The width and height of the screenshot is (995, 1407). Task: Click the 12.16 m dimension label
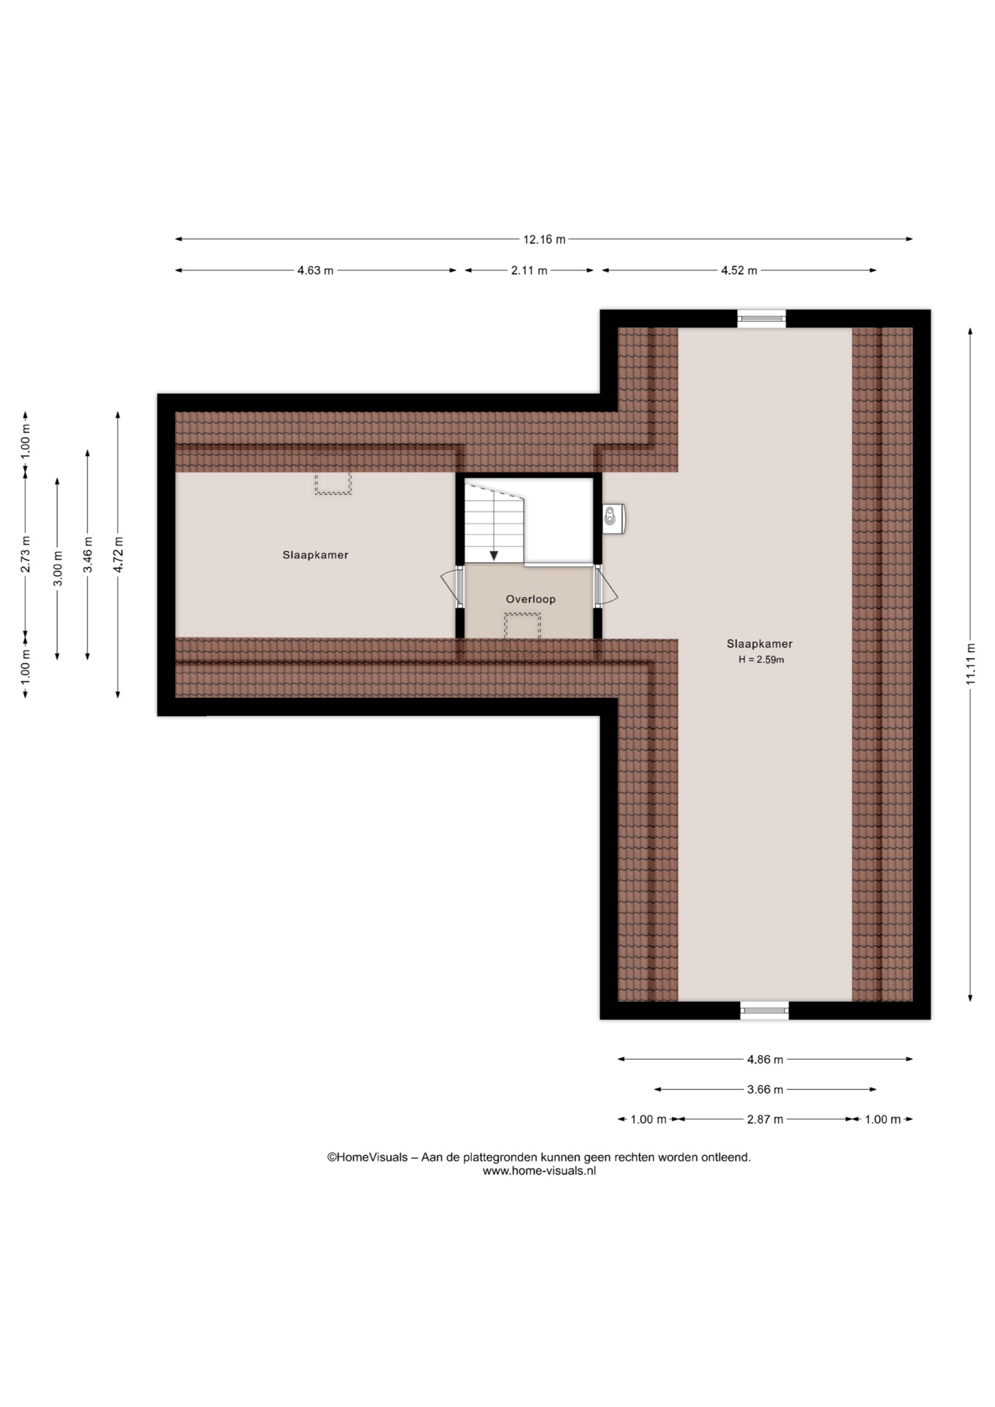click(x=544, y=239)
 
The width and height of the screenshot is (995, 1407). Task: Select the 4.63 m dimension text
click(x=315, y=270)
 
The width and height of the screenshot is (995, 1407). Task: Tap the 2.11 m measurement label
click(x=529, y=270)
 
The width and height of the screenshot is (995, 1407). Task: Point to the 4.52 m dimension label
click(x=739, y=270)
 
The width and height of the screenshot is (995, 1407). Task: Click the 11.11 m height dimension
click(x=970, y=664)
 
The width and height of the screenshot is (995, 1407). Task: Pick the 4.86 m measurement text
click(x=765, y=1059)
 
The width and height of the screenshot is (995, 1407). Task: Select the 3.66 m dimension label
click(x=765, y=1089)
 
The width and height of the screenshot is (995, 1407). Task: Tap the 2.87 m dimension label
click(x=765, y=1119)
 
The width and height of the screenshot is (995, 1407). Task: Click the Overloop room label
click(x=530, y=599)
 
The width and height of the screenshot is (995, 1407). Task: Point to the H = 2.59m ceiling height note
click(x=761, y=660)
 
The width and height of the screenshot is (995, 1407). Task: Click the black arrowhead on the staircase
click(x=494, y=555)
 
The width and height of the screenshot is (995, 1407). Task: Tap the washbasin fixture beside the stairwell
click(x=613, y=518)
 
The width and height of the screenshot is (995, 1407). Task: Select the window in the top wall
click(x=761, y=318)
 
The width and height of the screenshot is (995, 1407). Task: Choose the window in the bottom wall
click(x=764, y=1010)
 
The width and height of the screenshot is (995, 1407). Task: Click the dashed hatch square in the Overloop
click(x=522, y=626)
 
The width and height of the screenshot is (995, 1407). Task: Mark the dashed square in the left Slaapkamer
click(x=333, y=483)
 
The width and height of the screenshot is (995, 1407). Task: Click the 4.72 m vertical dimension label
click(x=118, y=555)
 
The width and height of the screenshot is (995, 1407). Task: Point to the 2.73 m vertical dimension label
click(x=25, y=555)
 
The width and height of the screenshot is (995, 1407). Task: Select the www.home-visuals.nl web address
click(x=539, y=1171)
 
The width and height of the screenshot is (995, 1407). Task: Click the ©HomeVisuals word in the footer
click(x=367, y=1157)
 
